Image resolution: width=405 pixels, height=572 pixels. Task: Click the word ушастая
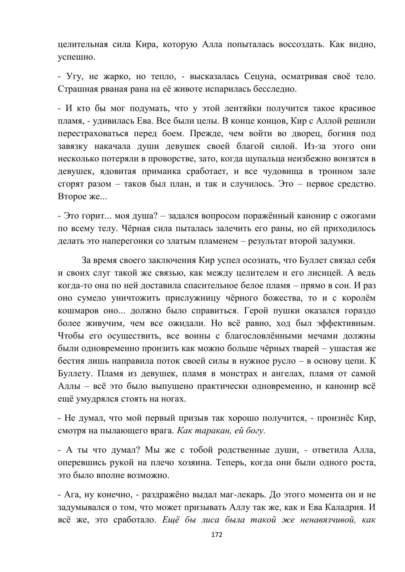coord(349,349)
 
